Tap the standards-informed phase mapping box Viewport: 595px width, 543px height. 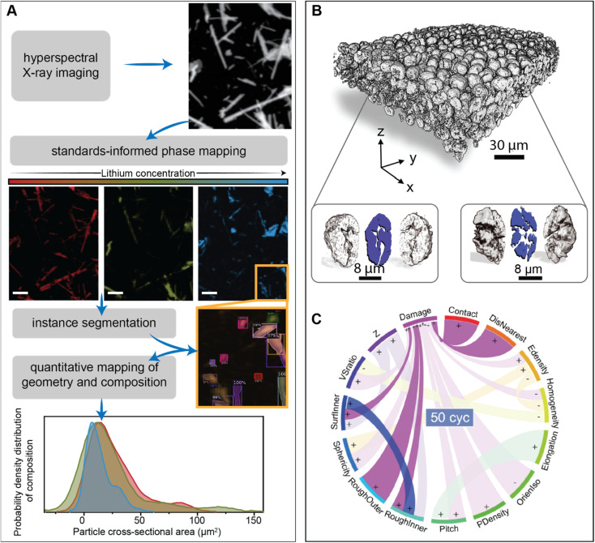pyautogui.click(x=147, y=151)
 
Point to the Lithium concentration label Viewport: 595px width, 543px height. pyautogui.click(x=147, y=173)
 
